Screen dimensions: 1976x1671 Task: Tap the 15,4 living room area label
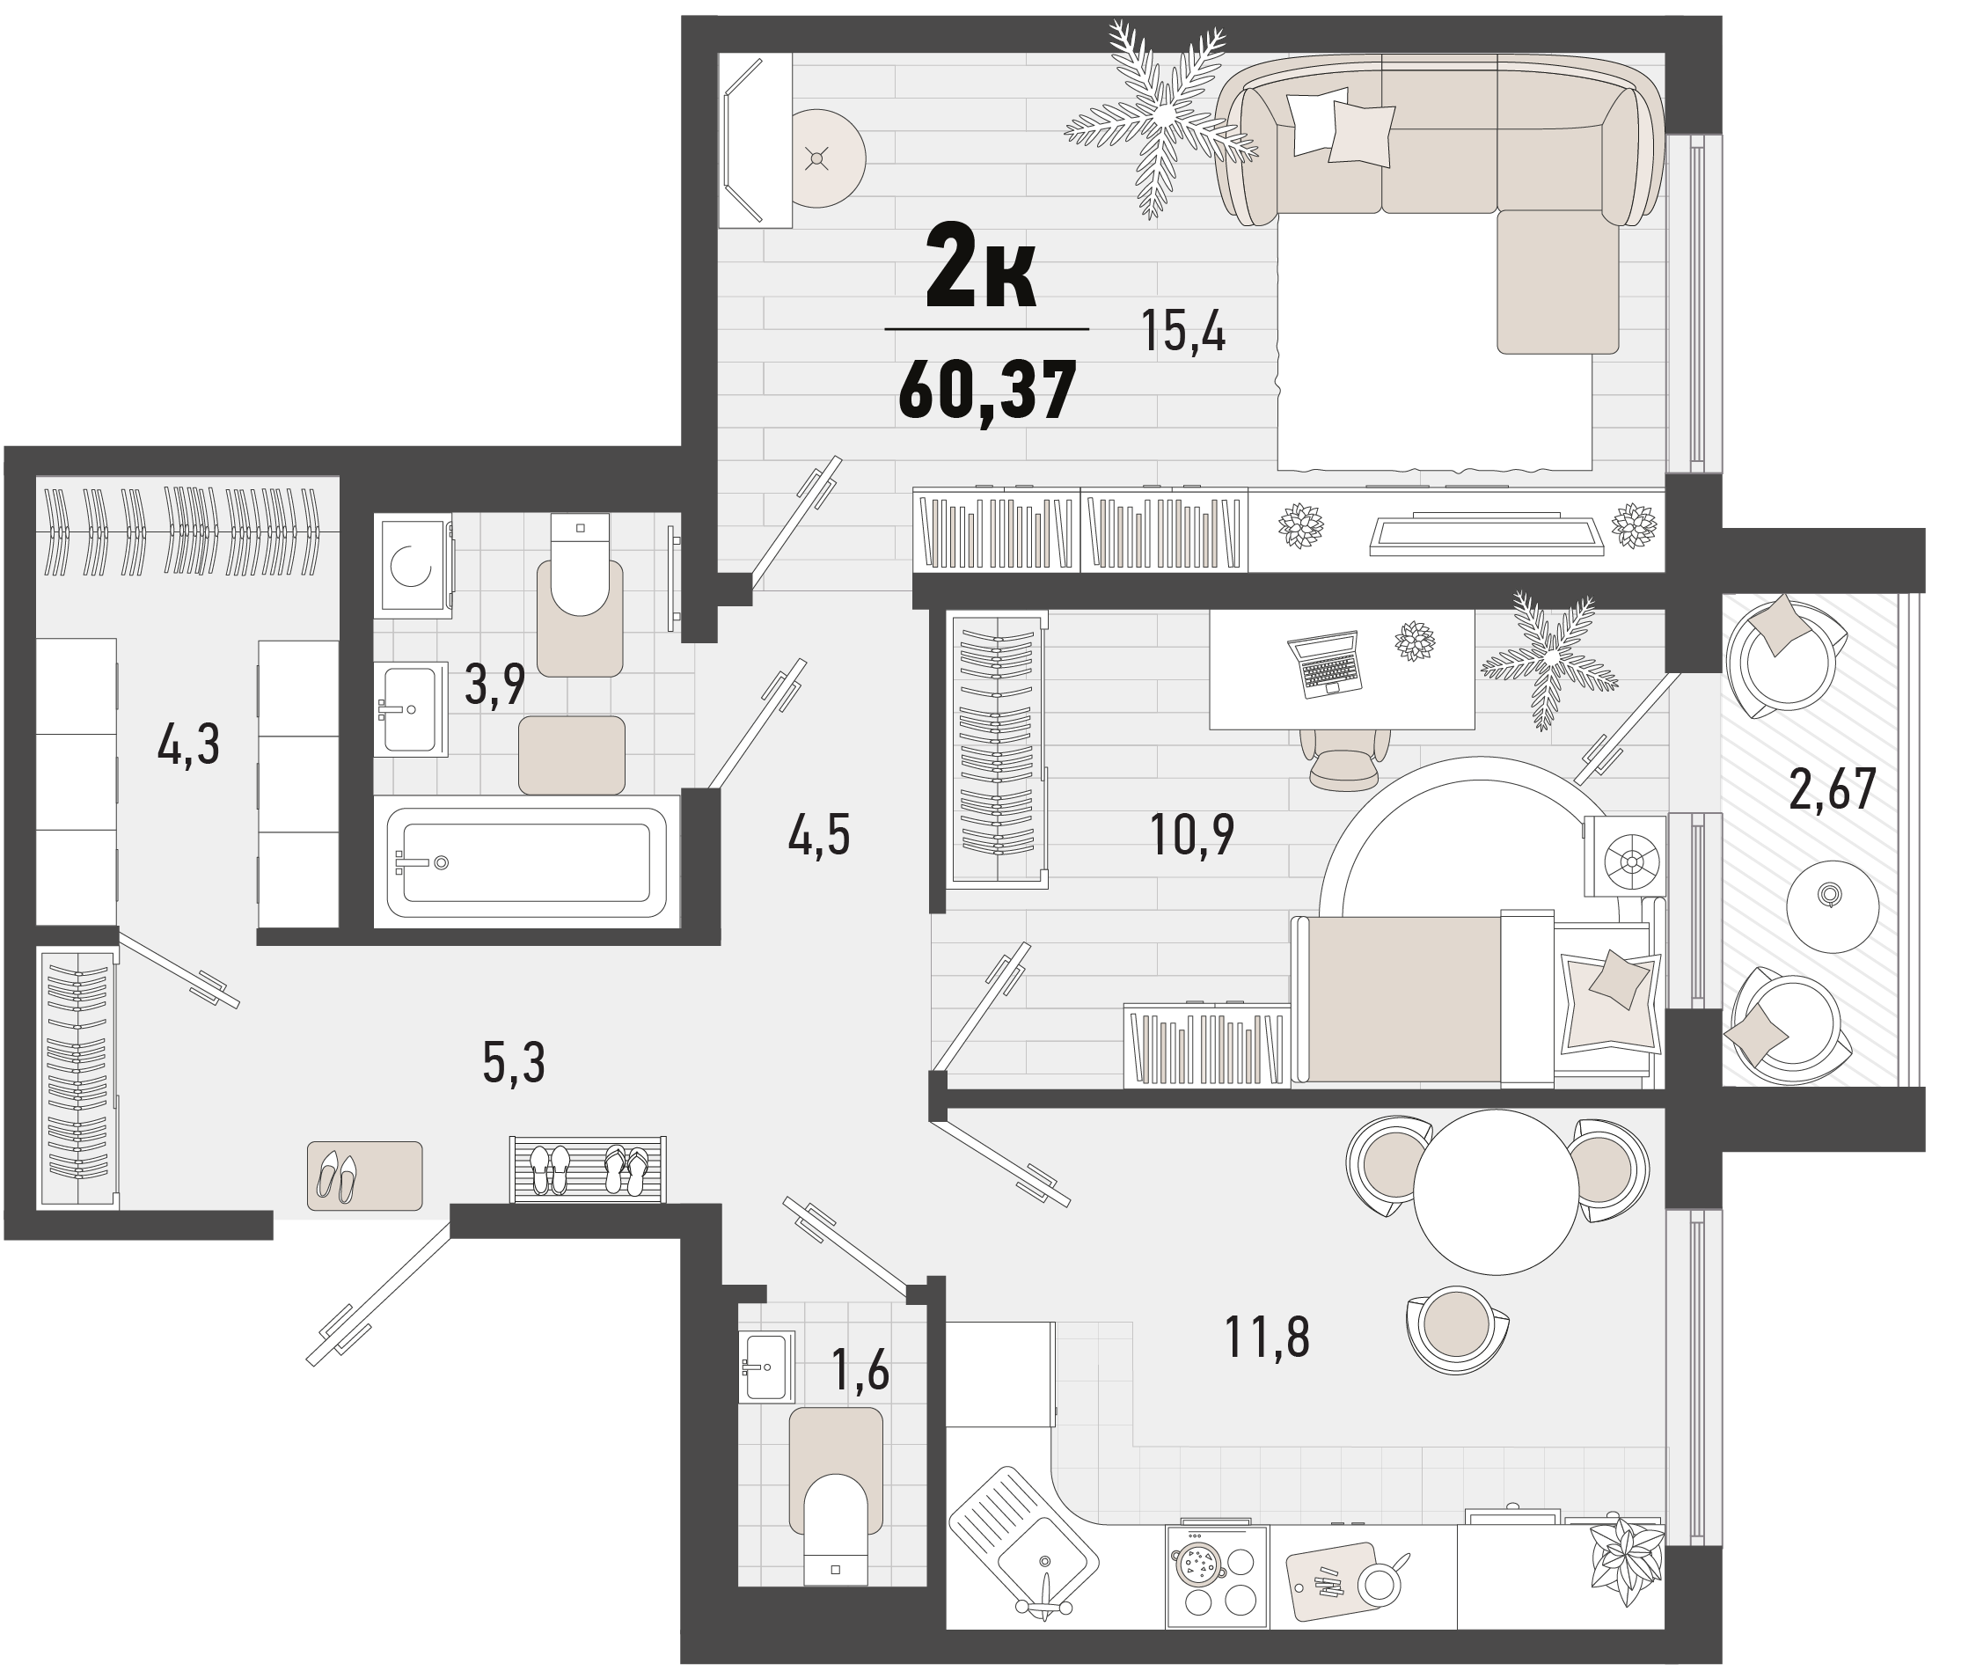[1183, 332]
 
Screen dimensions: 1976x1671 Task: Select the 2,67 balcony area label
[1832, 789]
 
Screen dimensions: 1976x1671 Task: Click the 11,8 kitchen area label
[1268, 1337]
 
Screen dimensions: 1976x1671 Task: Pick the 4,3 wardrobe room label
[188, 744]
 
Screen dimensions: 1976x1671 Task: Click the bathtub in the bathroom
[527, 862]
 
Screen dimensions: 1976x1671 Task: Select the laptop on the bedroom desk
[1324, 664]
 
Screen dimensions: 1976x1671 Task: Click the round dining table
[1496, 1191]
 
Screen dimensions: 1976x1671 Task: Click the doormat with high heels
[365, 1176]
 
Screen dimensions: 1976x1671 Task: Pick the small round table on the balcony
[1832, 906]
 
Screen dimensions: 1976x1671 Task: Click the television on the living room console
[1486, 533]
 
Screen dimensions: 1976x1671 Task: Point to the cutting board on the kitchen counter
[1331, 1581]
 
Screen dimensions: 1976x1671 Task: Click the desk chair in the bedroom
[1344, 759]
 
